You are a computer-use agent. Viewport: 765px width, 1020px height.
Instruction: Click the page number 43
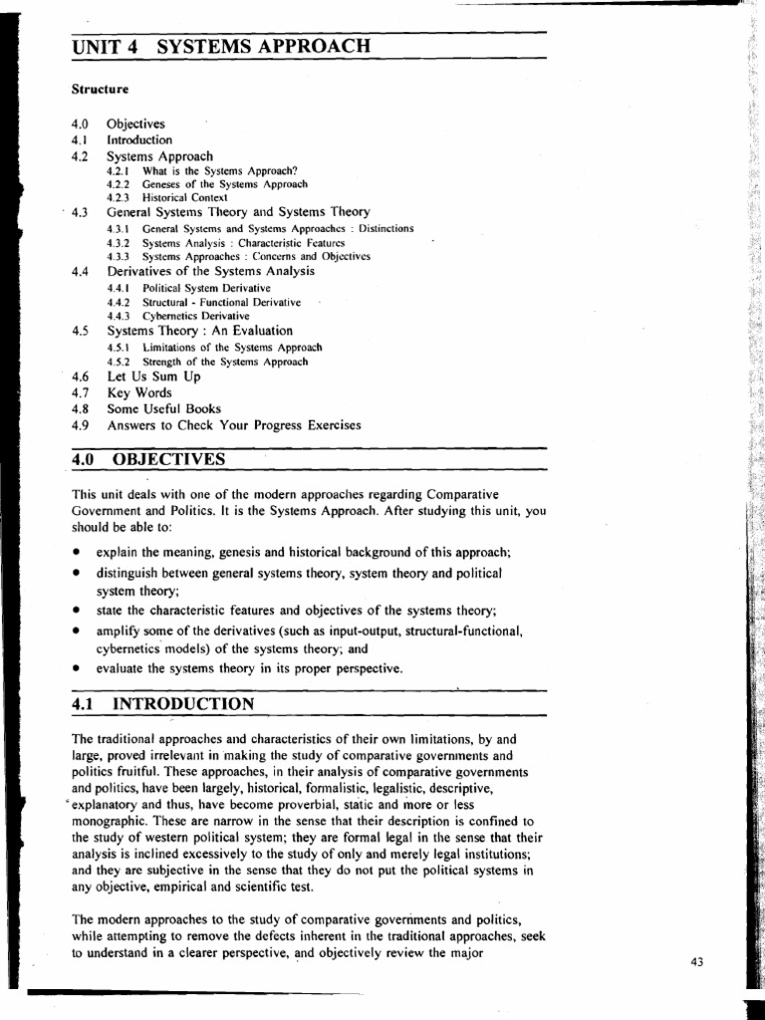(x=697, y=961)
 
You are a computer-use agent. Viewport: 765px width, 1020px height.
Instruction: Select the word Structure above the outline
(x=100, y=90)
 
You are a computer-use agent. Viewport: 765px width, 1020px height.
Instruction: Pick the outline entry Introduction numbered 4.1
(x=139, y=140)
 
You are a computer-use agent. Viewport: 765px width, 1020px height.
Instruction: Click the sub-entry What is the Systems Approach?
(x=220, y=170)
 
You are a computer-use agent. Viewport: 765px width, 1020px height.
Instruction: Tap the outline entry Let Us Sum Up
(x=145, y=378)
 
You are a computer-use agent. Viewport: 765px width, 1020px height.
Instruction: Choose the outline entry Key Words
(x=138, y=393)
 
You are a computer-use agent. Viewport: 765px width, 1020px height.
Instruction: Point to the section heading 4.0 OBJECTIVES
(x=149, y=459)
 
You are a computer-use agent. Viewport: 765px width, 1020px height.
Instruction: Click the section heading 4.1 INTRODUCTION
(x=163, y=704)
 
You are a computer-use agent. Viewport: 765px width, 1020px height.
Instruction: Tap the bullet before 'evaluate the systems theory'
(x=76, y=668)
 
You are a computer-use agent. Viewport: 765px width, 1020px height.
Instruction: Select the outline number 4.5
(x=81, y=331)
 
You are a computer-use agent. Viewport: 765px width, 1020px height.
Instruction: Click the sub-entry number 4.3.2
(x=119, y=242)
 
